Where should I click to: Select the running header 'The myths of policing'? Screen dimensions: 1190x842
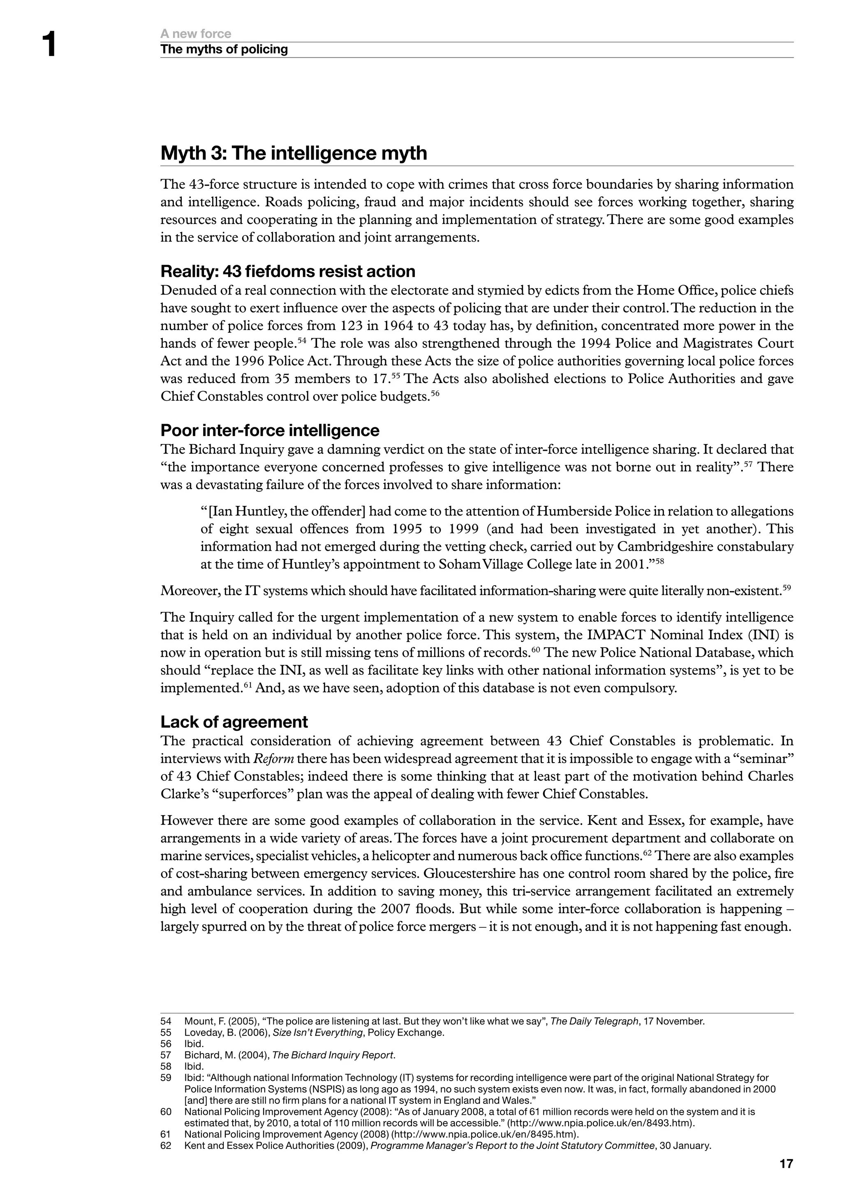(224, 49)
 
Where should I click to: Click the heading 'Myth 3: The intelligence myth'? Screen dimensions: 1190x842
(294, 153)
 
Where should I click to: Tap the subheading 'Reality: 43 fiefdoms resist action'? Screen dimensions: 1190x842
(288, 271)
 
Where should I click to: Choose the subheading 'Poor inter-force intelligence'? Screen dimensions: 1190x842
(270, 430)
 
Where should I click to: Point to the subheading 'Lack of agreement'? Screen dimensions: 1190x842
(234, 722)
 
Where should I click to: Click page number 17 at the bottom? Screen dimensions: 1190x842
(786, 1164)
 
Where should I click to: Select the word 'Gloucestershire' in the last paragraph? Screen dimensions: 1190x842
(465, 873)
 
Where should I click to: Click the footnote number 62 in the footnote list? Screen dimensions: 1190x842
(166, 1146)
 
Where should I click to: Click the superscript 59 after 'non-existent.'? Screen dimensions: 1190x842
(786, 588)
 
